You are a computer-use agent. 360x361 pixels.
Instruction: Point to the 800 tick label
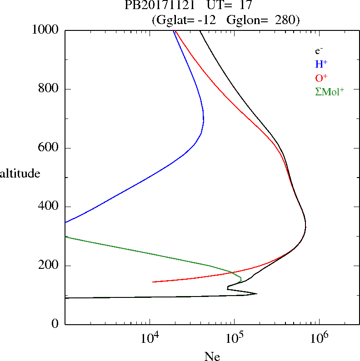coord(49,89)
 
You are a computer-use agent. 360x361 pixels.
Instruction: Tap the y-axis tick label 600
coord(49,148)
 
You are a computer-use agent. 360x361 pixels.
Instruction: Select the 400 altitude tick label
coord(49,207)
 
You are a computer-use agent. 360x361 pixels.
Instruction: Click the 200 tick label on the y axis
coord(49,266)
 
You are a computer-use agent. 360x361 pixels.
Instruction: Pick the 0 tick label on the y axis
coord(56,324)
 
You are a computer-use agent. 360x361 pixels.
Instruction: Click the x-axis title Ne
coord(212,356)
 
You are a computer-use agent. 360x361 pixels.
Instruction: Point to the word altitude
coord(20,173)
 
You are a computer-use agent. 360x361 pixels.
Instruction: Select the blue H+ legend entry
coord(321,64)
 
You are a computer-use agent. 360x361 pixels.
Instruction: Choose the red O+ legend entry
coord(321,77)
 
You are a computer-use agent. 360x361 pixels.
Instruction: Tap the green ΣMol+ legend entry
coord(330,91)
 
